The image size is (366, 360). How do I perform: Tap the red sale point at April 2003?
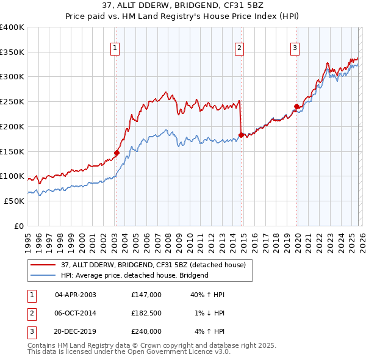[117, 153]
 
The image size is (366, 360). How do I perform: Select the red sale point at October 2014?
[241, 135]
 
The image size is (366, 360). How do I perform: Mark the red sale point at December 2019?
[297, 106]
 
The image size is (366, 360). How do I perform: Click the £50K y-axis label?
[14, 201]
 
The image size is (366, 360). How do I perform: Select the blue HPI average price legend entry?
[135, 275]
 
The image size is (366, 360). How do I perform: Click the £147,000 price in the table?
[146, 295]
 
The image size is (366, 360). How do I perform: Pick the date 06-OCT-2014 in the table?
[76, 313]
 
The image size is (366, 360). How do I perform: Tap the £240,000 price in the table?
[146, 331]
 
